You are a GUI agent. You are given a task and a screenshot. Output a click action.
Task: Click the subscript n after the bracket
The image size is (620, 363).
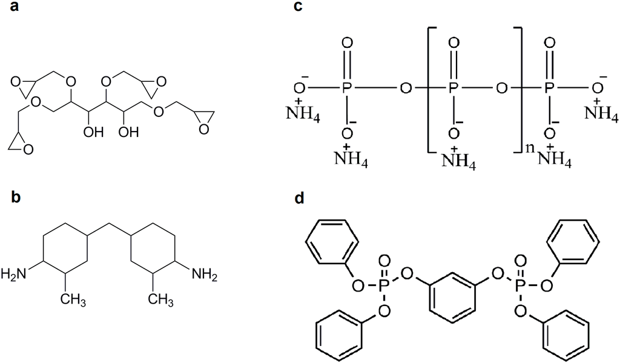coord(528,145)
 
